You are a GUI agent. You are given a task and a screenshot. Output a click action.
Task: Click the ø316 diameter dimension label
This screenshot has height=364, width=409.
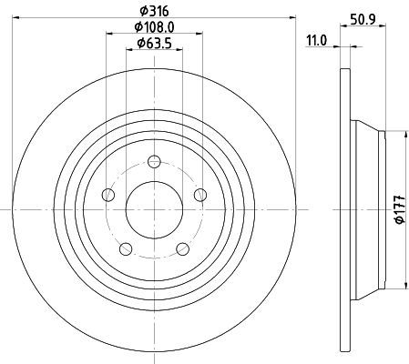coord(154,12)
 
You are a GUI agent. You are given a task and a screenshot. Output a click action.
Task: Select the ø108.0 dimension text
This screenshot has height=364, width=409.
coord(154,27)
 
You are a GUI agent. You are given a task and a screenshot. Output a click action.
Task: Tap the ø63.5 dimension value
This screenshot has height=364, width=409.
coord(154,44)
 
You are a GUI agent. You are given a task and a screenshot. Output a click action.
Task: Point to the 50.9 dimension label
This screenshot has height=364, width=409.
coord(363,20)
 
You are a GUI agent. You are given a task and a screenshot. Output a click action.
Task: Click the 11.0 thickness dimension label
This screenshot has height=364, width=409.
coord(317,41)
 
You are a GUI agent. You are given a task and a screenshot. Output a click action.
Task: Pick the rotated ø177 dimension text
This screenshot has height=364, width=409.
coord(401,209)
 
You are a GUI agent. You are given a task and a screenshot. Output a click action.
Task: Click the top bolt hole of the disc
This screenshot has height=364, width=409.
coord(154,161)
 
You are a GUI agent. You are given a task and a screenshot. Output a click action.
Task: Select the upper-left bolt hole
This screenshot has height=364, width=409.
coord(108,195)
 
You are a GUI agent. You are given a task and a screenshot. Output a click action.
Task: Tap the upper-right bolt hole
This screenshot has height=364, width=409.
coord(200,195)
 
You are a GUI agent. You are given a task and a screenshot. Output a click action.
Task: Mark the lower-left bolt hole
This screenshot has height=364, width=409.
coord(126,248)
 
